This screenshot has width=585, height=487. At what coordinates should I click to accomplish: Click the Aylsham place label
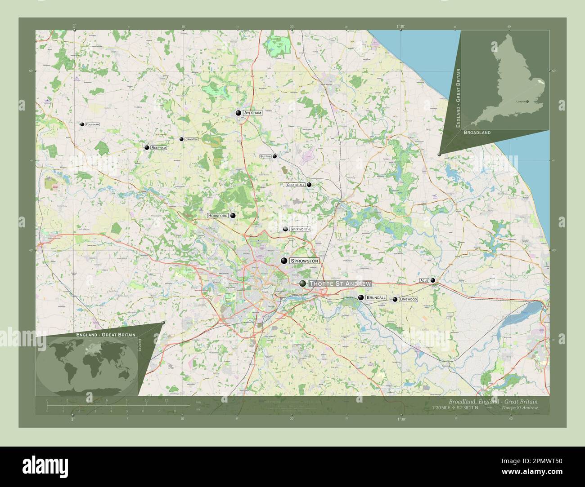point(252,113)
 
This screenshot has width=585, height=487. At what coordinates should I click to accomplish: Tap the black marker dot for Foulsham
point(82,124)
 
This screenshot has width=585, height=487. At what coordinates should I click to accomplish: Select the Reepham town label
point(159,147)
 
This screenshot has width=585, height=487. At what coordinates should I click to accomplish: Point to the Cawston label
point(191,139)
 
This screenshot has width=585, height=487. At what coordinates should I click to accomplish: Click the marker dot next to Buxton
point(274,156)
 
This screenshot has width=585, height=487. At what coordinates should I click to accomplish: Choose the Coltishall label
point(296,185)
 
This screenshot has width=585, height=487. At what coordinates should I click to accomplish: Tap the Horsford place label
point(218,216)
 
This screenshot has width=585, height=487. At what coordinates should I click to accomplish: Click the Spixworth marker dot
point(285,229)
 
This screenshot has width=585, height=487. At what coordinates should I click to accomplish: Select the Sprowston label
point(304,261)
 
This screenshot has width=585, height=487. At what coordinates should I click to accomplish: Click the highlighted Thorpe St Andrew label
point(340,283)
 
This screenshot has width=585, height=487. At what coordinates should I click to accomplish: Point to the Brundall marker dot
point(360,298)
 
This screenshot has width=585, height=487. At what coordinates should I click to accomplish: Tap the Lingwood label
point(409,299)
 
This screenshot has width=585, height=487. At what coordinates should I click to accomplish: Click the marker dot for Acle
point(433,280)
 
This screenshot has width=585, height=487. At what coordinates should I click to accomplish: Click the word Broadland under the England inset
point(477,133)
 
